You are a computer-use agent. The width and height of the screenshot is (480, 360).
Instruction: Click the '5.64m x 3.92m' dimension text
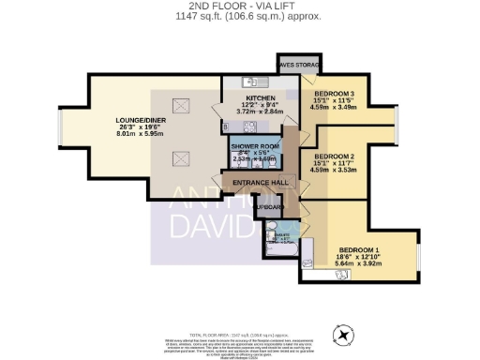(359, 264)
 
